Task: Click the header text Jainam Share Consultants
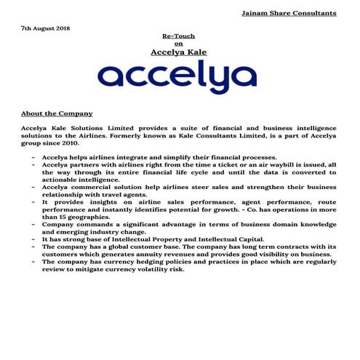pyautogui.click(x=289, y=12)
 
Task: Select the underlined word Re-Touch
pyautogui.click(x=179, y=35)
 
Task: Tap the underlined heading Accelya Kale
pyautogui.click(x=179, y=52)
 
